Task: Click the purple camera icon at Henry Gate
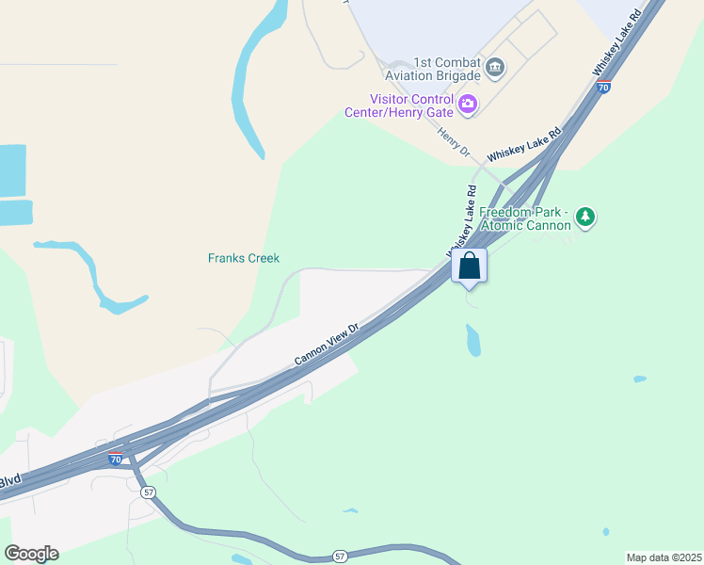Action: click(x=468, y=104)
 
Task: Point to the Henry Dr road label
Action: click(x=453, y=139)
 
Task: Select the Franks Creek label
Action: click(x=244, y=258)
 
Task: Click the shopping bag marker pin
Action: click(x=470, y=266)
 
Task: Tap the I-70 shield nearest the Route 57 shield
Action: click(x=116, y=460)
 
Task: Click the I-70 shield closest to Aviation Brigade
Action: click(x=603, y=88)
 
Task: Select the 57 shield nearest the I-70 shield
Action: click(x=148, y=492)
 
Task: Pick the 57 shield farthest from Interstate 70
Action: click(x=341, y=556)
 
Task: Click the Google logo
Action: click(x=31, y=554)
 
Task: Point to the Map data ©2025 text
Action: click(x=663, y=557)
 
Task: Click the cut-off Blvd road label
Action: click(x=9, y=480)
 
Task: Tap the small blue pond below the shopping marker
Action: click(x=472, y=341)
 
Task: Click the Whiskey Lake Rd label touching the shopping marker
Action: click(x=460, y=218)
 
